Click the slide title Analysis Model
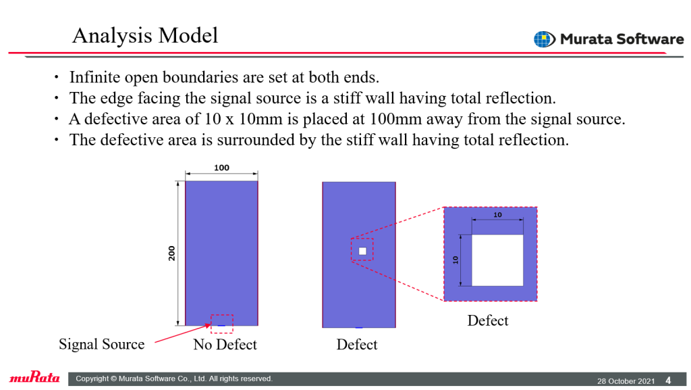145,36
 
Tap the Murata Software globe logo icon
545,39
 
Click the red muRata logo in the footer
34,377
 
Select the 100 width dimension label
221,168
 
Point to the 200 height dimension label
171,253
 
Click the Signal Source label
102,344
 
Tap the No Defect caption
225,344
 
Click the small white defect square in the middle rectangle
362,251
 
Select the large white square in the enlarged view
497,260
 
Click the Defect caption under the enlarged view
488,320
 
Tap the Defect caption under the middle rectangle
357,345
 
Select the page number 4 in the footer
668,381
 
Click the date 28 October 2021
626,381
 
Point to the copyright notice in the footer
174,379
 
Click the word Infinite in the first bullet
94,77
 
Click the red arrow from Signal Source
183,333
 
